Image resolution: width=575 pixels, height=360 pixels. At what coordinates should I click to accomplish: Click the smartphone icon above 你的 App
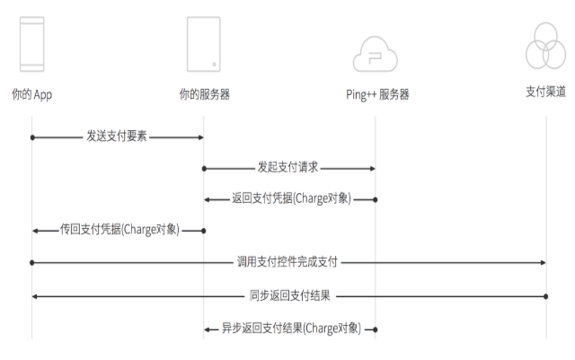(x=32, y=45)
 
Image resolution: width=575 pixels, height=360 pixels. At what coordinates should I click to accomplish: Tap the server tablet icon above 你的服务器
(x=204, y=45)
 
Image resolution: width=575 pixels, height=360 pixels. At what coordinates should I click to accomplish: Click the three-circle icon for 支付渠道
(x=545, y=45)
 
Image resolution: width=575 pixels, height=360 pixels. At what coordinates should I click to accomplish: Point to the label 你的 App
(x=32, y=93)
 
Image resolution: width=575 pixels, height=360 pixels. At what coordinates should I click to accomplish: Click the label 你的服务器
(x=204, y=93)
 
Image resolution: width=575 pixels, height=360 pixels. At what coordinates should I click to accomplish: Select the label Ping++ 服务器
(x=377, y=93)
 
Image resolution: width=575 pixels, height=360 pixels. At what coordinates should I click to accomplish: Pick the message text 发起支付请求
(x=288, y=168)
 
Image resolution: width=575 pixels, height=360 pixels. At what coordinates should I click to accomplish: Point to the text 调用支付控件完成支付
(x=287, y=262)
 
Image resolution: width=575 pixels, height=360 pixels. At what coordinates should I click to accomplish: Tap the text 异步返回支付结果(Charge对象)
(x=291, y=329)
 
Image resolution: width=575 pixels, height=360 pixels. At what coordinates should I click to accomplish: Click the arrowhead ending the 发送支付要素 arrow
(x=200, y=136)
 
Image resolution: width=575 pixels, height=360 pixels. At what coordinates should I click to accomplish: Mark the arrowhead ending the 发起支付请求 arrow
(x=371, y=168)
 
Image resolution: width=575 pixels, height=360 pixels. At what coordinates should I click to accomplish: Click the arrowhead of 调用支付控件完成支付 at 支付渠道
(x=542, y=262)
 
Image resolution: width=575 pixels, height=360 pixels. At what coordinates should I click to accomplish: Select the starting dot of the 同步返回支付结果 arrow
(x=546, y=295)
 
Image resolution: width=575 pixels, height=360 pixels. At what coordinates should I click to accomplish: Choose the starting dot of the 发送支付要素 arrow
(x=32, y=136)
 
